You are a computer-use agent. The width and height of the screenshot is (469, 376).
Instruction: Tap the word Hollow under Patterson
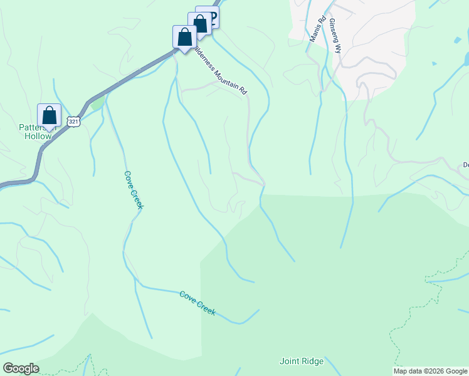[37, 136]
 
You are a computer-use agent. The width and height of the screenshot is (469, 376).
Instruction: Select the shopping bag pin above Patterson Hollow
[49, 116]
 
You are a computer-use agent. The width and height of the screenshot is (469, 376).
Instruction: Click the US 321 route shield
[74, 122]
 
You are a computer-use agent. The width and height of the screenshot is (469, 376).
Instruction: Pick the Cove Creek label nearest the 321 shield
[134, 190]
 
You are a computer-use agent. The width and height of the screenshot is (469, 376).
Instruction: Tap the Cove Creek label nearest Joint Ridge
[197, 303]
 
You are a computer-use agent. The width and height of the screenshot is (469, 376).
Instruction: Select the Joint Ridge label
[302, 361]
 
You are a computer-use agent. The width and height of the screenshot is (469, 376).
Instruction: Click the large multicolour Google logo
[21, 368]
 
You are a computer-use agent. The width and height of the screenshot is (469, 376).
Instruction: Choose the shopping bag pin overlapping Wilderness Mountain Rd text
[185, 37]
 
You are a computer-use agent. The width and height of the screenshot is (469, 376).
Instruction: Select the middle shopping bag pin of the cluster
[200, 24]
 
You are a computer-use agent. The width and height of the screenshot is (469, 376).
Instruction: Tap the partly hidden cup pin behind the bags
[213, 16]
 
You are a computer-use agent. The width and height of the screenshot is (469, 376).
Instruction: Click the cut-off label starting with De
[466, 165]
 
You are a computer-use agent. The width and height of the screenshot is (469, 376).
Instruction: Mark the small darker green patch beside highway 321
[95, 104]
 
